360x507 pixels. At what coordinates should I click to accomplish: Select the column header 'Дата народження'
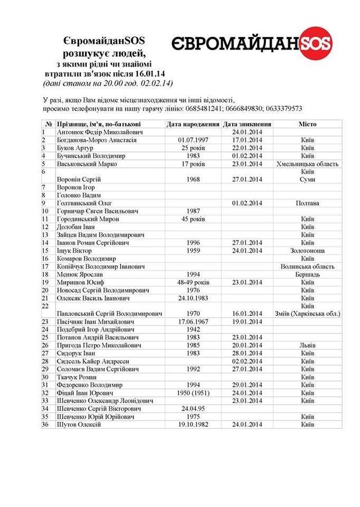point(193,124)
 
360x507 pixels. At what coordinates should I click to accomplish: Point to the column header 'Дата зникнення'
point(247,124)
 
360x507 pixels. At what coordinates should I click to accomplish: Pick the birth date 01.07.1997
point(193,140)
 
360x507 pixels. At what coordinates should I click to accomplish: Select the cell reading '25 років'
point(193,148)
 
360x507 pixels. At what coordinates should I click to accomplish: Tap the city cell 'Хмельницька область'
point(307,164)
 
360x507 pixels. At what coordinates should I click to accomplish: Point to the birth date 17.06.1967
point(193,322)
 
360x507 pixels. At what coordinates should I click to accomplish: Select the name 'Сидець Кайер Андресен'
point(93,361)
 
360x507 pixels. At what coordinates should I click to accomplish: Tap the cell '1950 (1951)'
point(193,392)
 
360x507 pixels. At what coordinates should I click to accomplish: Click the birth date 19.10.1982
point(193,424)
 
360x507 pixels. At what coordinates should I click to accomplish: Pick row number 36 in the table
point(45,424)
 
